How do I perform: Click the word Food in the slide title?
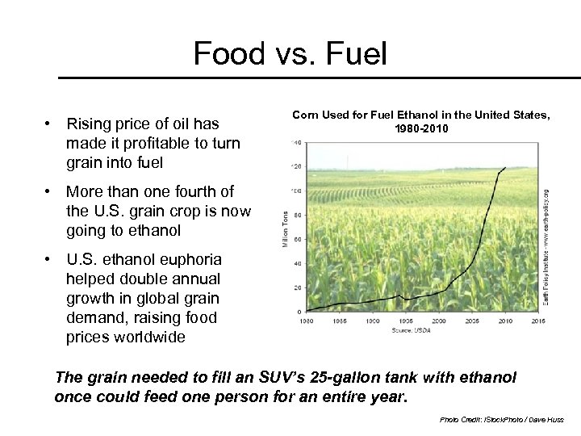tap(229, 54)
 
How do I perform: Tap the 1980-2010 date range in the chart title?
tap(420, 129)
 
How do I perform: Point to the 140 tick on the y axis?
tap(297, 143)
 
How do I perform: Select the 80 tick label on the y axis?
tap(298, 216)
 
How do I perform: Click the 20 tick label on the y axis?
tap(298, 287)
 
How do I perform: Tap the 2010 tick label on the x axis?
tap(505, 321)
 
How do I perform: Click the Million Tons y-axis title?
tap(285, 228)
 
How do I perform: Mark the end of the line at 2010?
tap(505, 167)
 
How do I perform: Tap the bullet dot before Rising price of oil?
tap(50, 124)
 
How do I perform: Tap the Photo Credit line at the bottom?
tap(502, 421)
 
